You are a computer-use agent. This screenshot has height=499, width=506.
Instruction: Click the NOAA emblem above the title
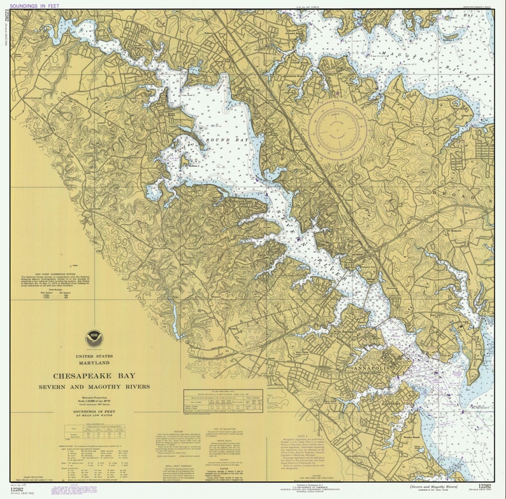click(94, 338)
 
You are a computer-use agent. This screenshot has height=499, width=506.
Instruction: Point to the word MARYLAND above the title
click(94, 362)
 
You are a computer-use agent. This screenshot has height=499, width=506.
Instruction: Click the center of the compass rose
click(338, 130)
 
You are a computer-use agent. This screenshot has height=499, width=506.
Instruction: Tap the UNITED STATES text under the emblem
click(94, 356)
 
